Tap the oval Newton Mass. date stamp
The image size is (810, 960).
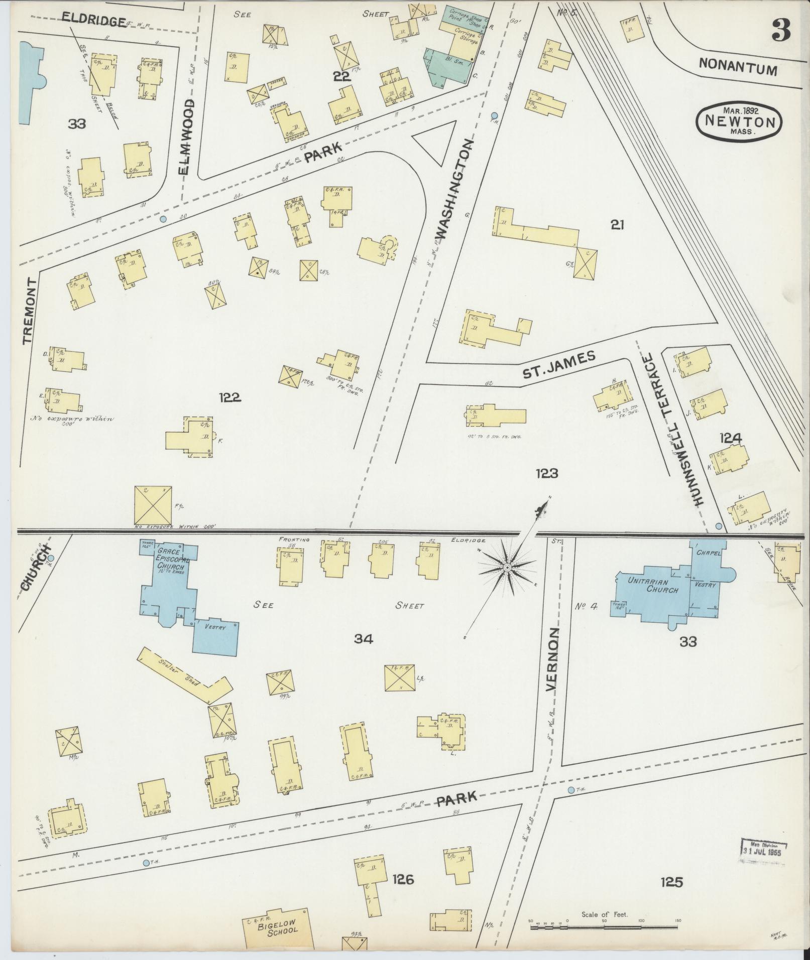[x=739, y=121]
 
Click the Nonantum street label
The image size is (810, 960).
[x=737, y=67]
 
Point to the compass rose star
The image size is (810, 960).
[x=507, y=568]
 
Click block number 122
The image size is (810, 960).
[x=229, y=397]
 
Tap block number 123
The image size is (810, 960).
[x=546, y=473]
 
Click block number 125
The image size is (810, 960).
[x=672, y=895]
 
